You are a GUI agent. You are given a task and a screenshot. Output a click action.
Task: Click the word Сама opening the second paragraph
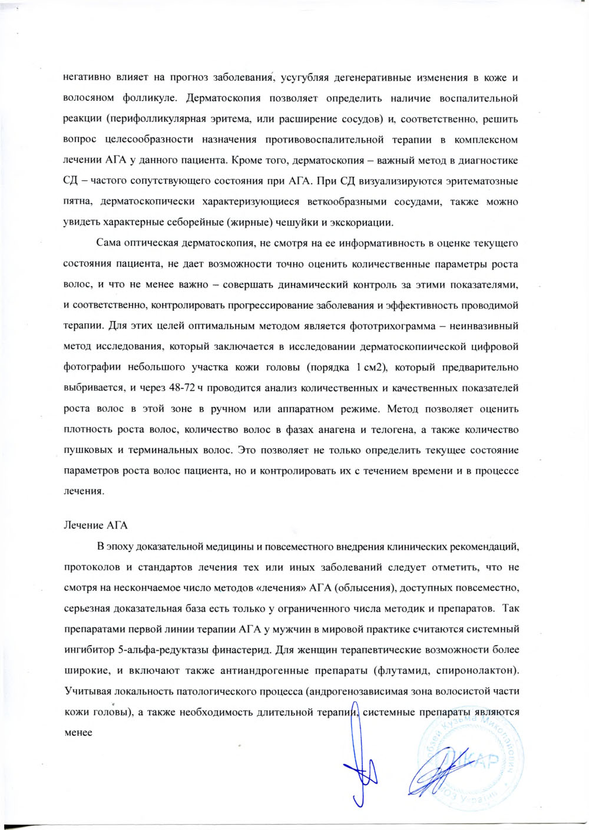pyautogui.click(x=106, y=243)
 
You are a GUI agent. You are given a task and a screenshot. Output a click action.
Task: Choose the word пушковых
pyautogui.click(x=86, y=450)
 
